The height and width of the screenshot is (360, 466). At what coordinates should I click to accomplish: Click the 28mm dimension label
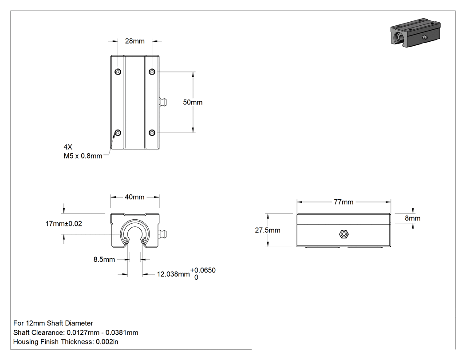[x=134, y=41]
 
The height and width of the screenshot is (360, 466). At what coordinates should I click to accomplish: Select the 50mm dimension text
[x=193, y=102]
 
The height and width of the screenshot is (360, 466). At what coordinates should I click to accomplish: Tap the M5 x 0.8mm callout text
[x=83, y=156]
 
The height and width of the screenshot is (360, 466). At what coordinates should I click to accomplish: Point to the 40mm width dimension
[x=134, y=197]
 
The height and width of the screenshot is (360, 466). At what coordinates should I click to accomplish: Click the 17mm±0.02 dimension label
[x=63, y=224]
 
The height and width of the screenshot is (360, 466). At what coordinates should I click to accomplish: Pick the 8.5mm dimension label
[x=104, y=260]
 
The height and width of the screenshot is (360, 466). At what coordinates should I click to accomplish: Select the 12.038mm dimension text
[x=173, y=274]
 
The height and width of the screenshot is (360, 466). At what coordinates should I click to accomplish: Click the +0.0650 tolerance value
[x=203, y=270]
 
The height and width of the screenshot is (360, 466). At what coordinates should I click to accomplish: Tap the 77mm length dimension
[x=344, y=202]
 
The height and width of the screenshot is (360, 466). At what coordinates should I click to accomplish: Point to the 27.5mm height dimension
[x=268, y=230]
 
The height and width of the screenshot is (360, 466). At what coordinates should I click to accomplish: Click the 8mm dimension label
[x=412, y=218]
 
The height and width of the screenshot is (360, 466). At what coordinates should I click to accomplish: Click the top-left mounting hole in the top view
[x=118, y=71]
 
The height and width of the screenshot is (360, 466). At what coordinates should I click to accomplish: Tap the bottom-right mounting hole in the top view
[x=152, y=133]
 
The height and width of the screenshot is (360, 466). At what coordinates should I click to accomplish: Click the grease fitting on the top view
[x=163, y=102]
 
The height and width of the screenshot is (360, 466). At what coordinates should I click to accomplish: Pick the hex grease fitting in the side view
[x=344, y=234]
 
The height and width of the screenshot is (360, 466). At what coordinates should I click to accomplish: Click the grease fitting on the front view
[x=163, y=233]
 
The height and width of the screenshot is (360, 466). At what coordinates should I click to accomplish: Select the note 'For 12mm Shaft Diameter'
[x=53, y=323]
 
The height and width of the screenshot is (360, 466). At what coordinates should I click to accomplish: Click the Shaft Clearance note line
[x=76, y=332]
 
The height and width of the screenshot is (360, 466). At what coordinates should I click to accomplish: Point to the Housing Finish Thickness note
[x=66, y=342]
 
